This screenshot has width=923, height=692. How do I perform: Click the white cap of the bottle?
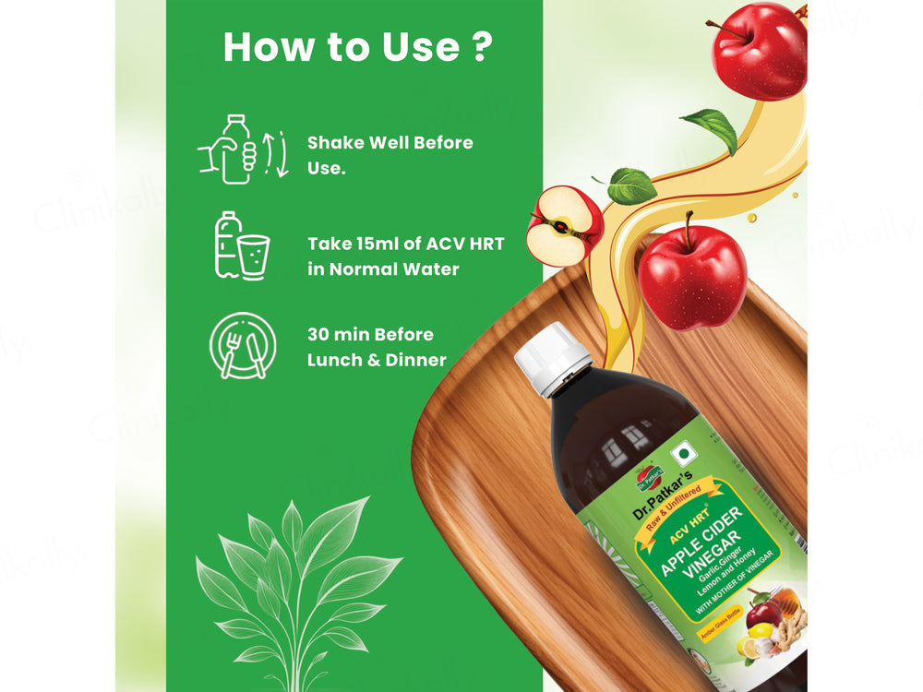(552, 359)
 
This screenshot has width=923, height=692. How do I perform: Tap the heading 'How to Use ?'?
(356, 48)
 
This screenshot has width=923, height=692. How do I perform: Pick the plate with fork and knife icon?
(242, 345)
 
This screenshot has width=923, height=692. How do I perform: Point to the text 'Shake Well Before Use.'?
(390, 156)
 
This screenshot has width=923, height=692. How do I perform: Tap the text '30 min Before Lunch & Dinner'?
(377, 347)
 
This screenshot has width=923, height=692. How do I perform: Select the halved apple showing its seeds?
(564, 226)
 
